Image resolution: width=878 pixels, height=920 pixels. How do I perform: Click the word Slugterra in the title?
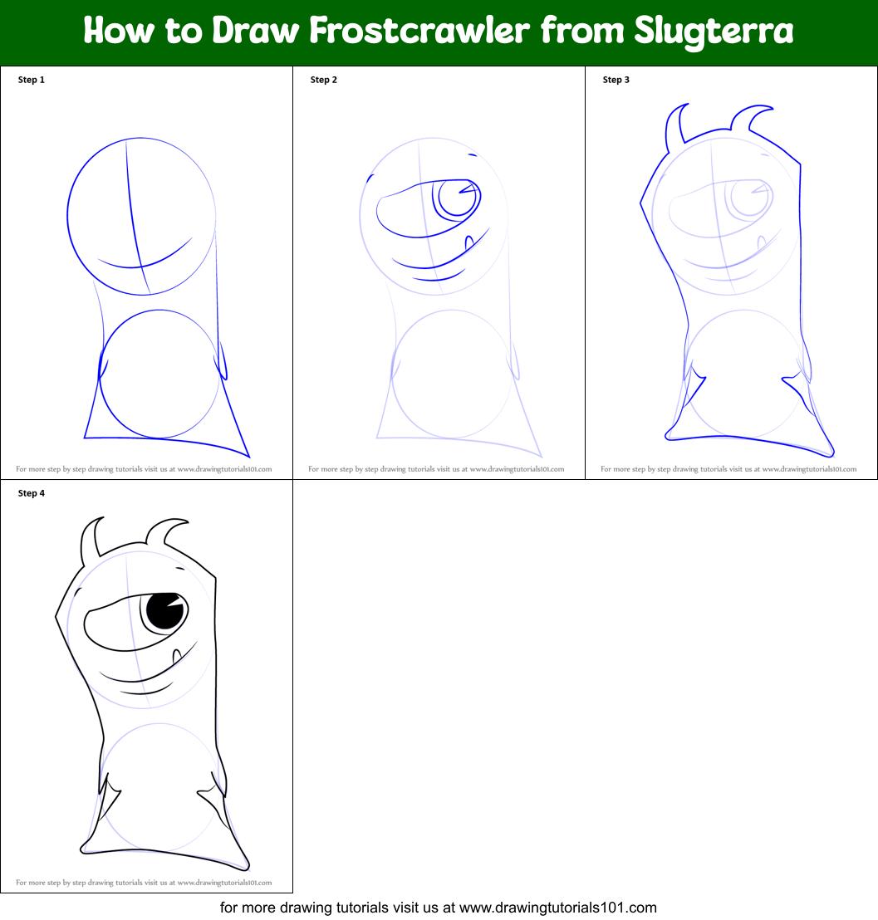point(714,32)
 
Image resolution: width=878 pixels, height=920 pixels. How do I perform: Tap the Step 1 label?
point(32,80)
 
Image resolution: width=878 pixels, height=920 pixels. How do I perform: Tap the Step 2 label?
point(324,80)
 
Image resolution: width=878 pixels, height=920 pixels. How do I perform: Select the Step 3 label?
point(616,80)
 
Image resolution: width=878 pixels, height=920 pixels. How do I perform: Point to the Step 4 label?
point(32,493)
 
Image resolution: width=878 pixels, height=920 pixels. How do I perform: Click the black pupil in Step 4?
point(164,613)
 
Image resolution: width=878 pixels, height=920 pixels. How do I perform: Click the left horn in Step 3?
point(674,125)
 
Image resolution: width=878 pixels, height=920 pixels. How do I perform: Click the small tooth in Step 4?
point(176,657)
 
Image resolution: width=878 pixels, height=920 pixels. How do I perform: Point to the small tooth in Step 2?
point(468,242)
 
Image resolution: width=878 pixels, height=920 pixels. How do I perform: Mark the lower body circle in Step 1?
point(159,374)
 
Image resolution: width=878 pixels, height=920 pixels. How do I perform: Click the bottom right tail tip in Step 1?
point(248,455)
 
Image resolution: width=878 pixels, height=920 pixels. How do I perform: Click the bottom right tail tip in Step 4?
point(247,867)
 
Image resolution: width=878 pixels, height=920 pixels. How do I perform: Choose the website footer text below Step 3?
point(728,469)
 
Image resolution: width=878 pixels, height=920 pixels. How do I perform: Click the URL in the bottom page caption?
point(558,908)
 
